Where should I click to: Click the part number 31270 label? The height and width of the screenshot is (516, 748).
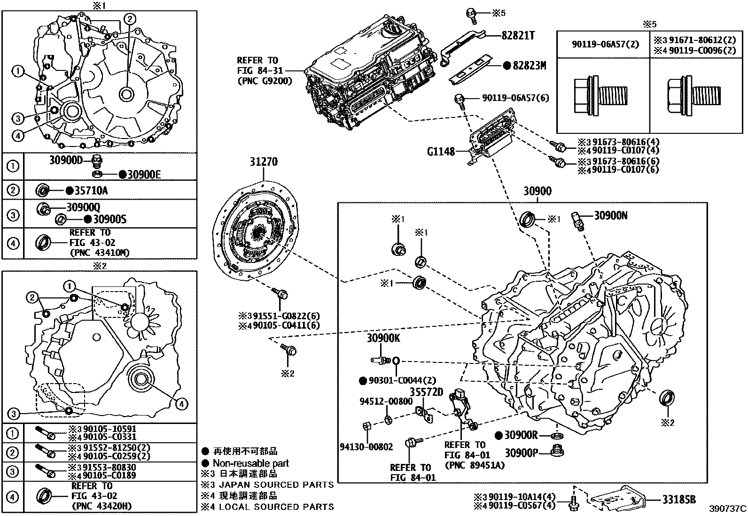(x=263, y=162)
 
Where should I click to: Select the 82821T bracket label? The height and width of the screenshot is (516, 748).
(x=518, y=36)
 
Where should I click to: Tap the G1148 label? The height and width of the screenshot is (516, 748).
(x=440, y=152)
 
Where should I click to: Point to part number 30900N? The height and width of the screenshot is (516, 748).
(x=611, y=216)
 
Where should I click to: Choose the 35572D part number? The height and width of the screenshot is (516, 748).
(x=426, y=392)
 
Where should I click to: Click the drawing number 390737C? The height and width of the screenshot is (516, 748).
(x=727, y=508)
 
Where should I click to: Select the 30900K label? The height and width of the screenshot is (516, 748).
(x=383, y=339)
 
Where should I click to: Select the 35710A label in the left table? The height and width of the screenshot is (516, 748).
(x=92, y=191)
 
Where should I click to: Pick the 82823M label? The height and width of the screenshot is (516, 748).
(x=529, y=66)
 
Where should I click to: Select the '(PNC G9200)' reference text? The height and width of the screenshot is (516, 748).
(x=265, y=81)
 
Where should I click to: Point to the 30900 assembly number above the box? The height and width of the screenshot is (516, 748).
(x=538, y=192)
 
